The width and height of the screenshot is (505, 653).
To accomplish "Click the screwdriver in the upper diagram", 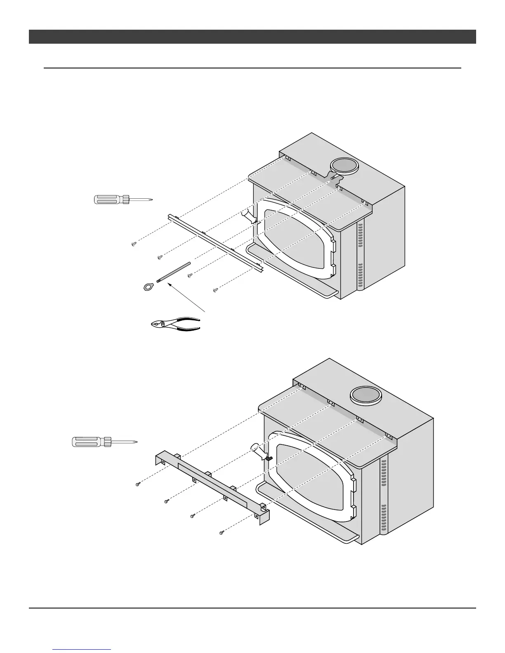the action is pyautogui.click(x=123, y=200).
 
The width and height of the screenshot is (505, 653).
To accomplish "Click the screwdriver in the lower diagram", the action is pyautogui.click(x=103, y=442).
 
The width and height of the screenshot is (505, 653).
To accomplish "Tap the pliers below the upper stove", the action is pyautogui.click(x=176, y=323).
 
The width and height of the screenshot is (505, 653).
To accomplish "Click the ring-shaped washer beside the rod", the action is pyautogui.click(x=146, y=286).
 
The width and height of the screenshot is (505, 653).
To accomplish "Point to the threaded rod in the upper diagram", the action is pyautogui.click(x=174, y=272).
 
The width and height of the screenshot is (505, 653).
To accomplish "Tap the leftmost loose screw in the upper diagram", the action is pyautogui.click(x=133, y=244).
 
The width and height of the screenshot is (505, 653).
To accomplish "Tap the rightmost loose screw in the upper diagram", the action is pyautogui.click(x=215, y=290).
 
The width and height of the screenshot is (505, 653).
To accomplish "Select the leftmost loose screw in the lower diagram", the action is pyautogui.click(x=138, y=484).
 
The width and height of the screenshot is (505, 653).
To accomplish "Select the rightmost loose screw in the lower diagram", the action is pyautogui.click(x=222, y=533).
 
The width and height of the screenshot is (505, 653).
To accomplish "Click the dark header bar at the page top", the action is pyautogui.click(x=252, y=37).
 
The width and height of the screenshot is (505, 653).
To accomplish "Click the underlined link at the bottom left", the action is pyautogui.click(x=82, y=650).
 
